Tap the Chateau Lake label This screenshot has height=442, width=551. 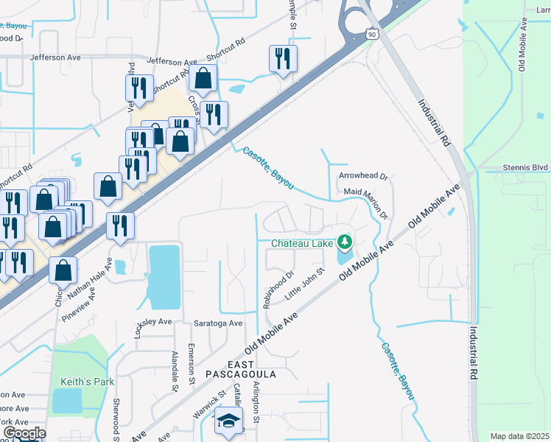click(x=301, y=242)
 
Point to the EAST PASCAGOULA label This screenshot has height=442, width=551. click(x=251, y=369)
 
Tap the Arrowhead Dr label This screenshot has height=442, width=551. click(x=363, y=177)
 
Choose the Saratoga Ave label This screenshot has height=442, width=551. click(x=218, y=323)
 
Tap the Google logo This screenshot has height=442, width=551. click(x=24, y=433)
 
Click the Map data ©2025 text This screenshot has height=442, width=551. click(x=519, y=436)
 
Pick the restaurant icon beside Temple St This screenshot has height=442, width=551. click(x=284, y=58)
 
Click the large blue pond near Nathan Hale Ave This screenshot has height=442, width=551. click(x=164, y=276)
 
